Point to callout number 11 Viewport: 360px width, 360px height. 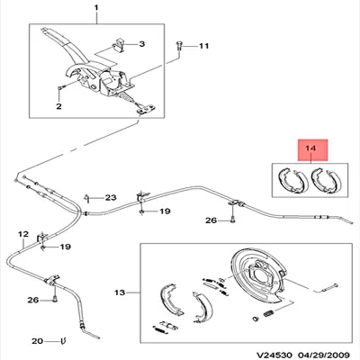pos(202,45)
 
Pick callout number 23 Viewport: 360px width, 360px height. pos(111,198)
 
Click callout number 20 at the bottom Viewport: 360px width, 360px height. pos(36,341)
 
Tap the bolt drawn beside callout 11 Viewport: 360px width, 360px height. pos(183,45)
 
